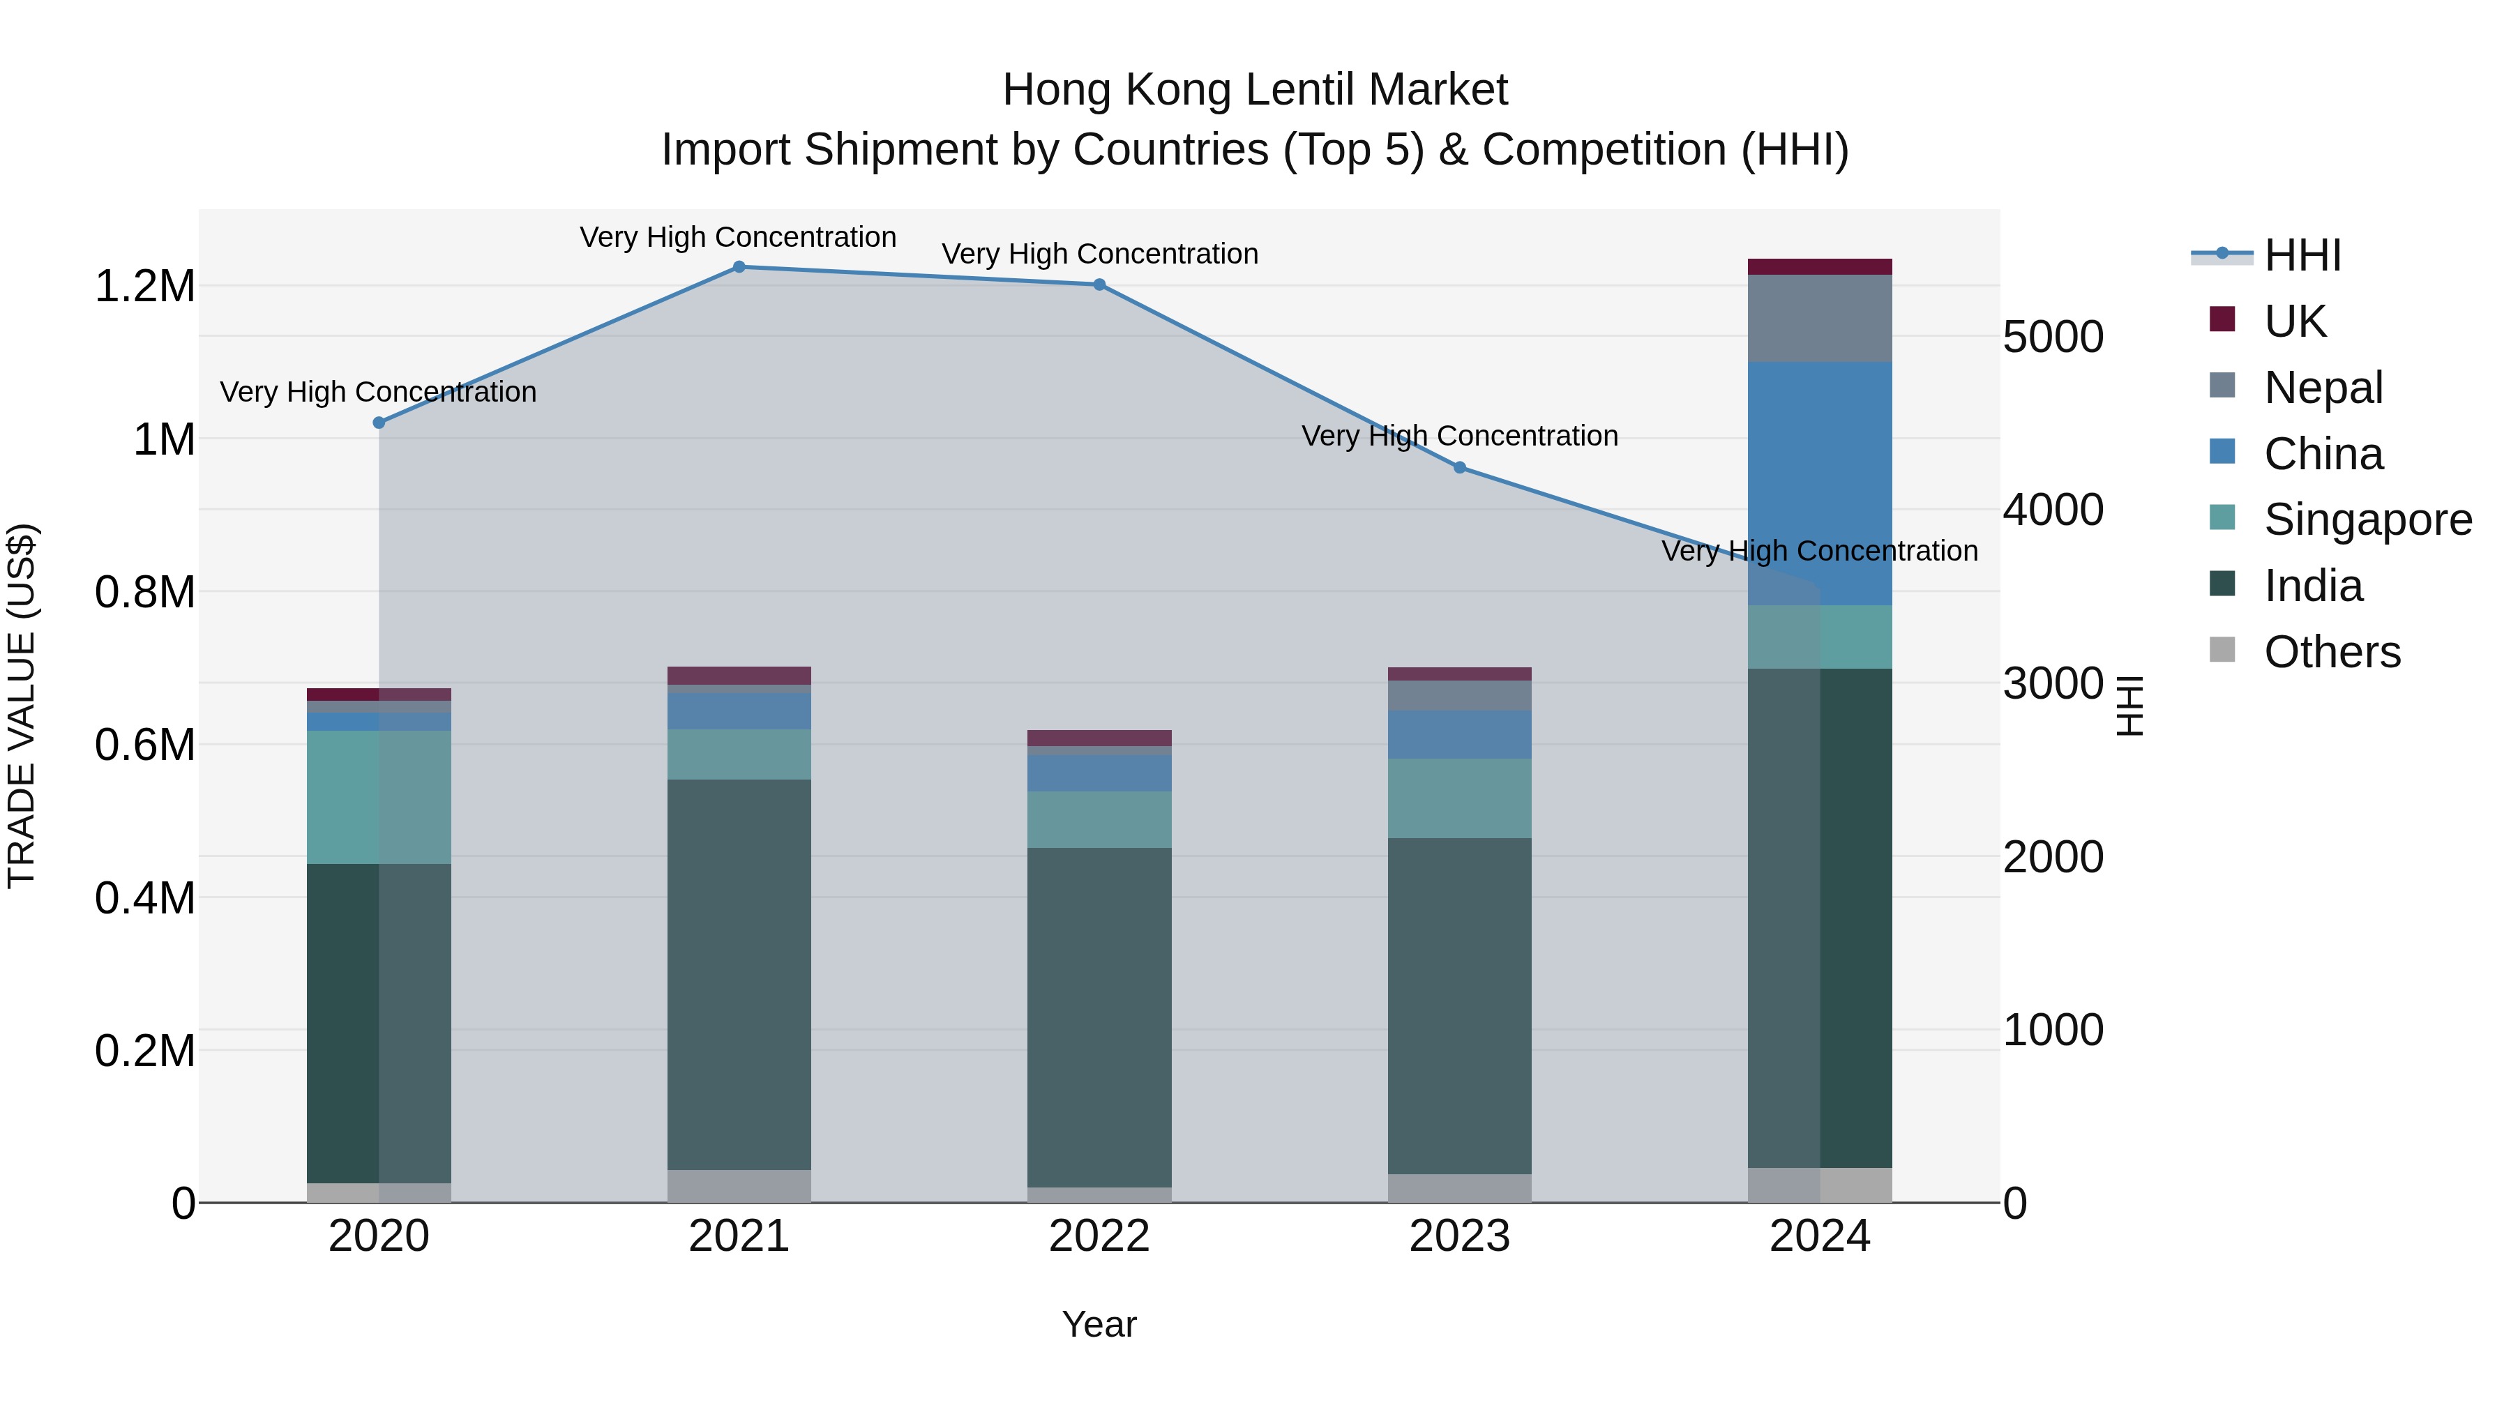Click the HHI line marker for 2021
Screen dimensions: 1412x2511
pos(739,267)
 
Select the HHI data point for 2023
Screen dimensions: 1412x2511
pos(1459,468)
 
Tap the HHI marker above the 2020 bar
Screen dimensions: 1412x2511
pos(379,423)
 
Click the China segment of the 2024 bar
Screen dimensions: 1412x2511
pos(1819,483)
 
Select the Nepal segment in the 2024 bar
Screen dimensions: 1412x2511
pos(1819,318)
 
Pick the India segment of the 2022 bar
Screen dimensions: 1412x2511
pos(1099,1017)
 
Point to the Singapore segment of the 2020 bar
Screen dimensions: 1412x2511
pos(379,796)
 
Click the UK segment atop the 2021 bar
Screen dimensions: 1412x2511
pos(739,675)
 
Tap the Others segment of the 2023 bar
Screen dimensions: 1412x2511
pos(1459,1188)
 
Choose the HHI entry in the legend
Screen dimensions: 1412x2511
pos(2302,255)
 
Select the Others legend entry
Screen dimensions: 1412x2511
pos(2332,652)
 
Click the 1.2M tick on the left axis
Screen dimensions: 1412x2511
pos(144,287)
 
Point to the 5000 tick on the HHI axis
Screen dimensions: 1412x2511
pos(2053,337)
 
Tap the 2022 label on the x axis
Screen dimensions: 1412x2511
pos(1099,1236)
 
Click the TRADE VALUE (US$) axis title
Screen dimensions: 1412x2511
pos(22,706)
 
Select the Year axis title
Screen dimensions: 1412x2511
pos(1099,1324)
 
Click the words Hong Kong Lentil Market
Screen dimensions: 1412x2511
pos(1255,90)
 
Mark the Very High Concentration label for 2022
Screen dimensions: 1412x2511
pos(1099,253)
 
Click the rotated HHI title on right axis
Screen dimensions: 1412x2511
pos(2131,706)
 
